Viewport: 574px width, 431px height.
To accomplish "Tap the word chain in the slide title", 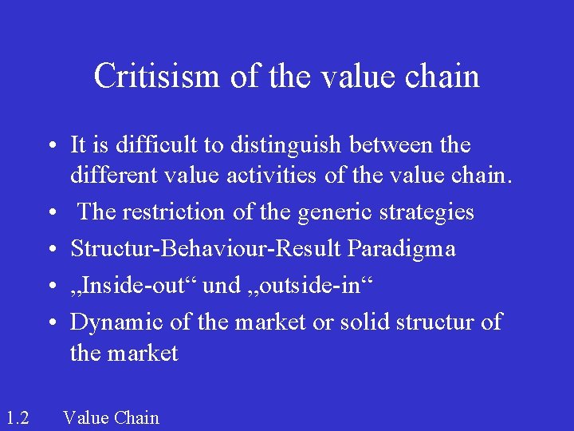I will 442,77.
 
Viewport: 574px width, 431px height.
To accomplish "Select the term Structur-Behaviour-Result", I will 206,249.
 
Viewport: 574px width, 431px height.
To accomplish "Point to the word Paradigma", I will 401,250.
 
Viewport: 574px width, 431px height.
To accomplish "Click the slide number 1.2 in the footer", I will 17,417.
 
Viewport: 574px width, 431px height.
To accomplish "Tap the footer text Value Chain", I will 111,417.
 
